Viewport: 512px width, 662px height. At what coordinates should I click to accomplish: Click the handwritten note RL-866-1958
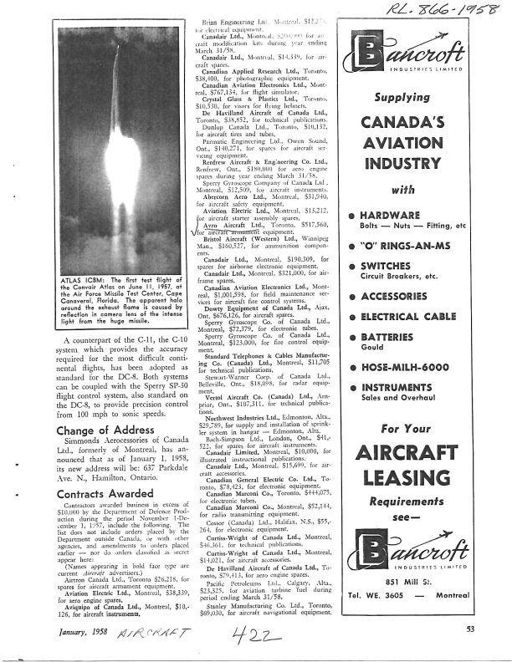click(431, 13)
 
